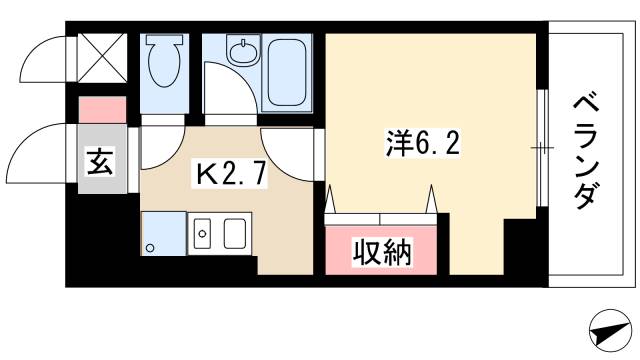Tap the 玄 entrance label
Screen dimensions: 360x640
[x=101, y=160]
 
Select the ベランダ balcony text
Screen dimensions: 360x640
[x=589, y=150]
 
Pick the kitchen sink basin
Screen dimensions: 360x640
[x=235, y=235]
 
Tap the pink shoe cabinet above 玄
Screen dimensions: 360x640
[x=102, y=108]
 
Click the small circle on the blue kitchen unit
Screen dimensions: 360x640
[x=150, y=247]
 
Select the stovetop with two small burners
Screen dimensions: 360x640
[x=201, y=235]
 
